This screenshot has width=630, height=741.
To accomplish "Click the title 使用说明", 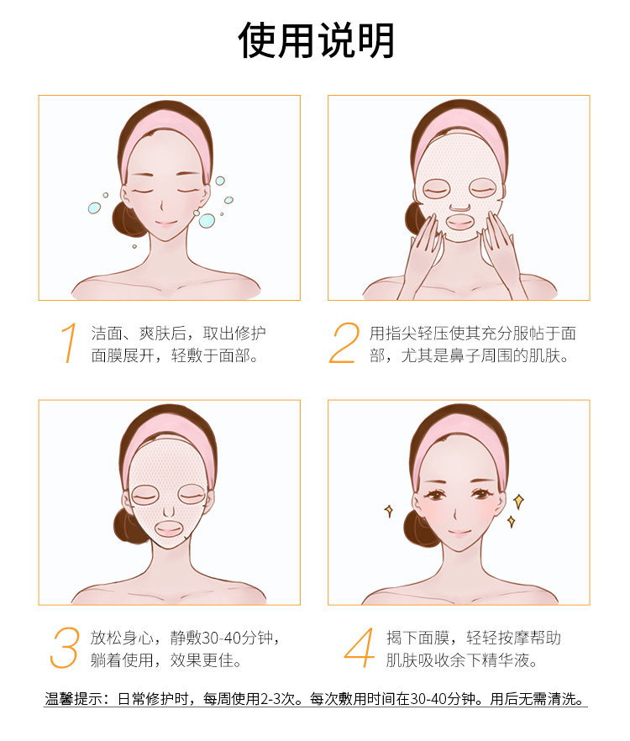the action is pos(316,41).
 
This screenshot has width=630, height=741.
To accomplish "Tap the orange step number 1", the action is pos(69,343).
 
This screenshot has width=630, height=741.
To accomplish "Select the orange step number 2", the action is pos(344,343).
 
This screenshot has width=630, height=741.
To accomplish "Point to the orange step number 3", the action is pos(64,648).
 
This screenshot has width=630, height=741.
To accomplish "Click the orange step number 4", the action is pos(360,648).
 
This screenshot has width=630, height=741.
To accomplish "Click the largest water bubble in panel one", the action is pos(207,220).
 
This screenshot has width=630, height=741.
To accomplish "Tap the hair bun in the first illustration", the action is pos(123,219).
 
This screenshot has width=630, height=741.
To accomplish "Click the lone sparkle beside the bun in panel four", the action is pos(389,511).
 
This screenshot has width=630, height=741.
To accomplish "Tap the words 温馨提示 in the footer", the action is pos(73,698).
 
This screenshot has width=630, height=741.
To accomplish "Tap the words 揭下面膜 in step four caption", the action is pos(417,638).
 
